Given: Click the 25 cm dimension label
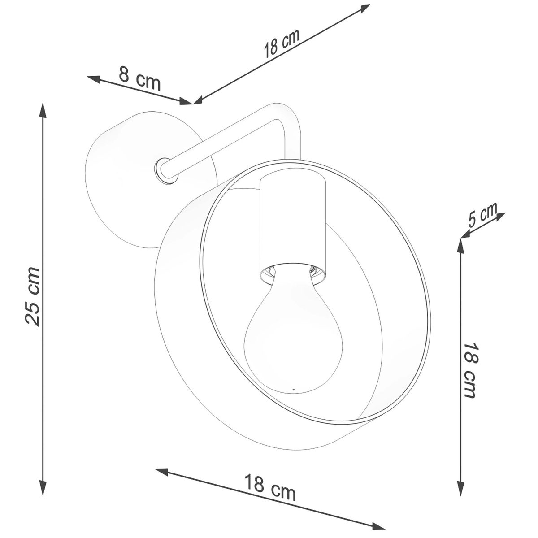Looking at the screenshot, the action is click(x=32, y=296).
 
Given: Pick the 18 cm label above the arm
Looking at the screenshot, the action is click(x=282, y=47).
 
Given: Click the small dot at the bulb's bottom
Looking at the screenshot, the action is click(x=293, y=389).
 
